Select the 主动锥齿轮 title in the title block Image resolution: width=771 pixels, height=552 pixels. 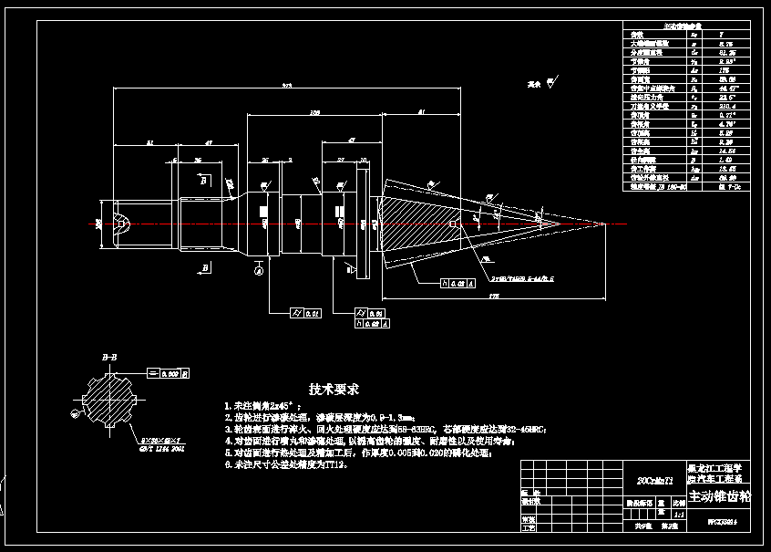(719, 497)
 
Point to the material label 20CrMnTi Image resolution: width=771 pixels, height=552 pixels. (653, 478)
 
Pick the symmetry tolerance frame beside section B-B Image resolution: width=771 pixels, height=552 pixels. (170, 373)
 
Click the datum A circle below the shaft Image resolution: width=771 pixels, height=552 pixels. (260, 269)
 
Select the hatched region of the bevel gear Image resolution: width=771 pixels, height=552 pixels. (410, 224)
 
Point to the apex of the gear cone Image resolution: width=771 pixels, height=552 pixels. (604, 224)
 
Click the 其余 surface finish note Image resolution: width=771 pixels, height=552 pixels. (537, 84)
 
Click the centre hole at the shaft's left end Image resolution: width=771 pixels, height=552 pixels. (119, 223)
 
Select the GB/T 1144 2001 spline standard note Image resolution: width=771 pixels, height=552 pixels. (160, 449)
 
